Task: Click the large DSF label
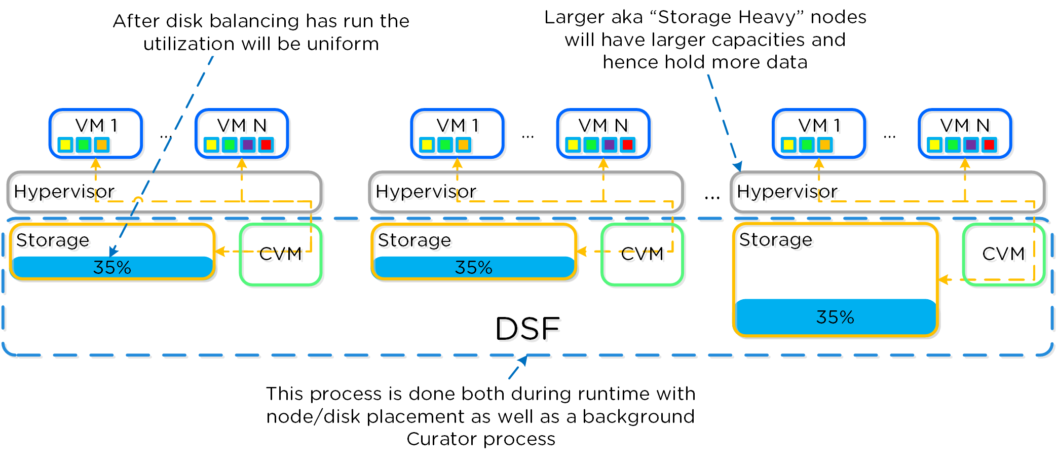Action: pyautogui.click(x=527, y=329)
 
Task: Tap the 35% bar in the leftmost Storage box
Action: pyautogui.click(x=112, y=267)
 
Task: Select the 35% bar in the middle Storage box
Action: pyautogui.click(x=474, y=267)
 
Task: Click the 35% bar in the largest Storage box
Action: pyautogui.click(x=835, y=317)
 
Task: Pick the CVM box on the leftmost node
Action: pyautogui.click(x=280, y=255)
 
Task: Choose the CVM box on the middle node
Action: pyautogui.click(x=642, y=255)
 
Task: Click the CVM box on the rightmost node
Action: pyautogui.click(x=1003, y=254)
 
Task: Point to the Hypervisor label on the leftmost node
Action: pyautogui.click(x=64, y=192)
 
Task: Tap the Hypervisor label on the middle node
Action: pyautogui.click(x=426, y=192)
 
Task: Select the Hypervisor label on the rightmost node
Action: pyautogui.click(x=787, y=192)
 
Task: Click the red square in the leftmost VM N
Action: pyautogui.click(x=266, y=145)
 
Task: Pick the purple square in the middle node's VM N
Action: pyautogui.click(x=609, y=145)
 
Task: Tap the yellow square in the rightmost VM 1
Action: pyautogui.click(x=789, y=145)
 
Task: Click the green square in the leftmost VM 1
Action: pyautogui.click(x=84, y=145)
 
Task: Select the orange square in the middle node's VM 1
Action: pyautogui.click(x=463, y=145)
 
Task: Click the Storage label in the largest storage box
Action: pyautogui.click(x=775, y=240)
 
